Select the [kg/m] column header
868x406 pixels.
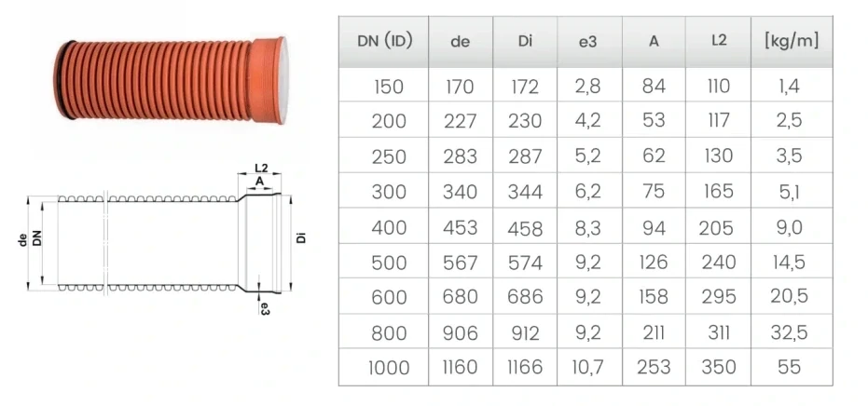(790, 42)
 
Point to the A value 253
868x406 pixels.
(654, 368)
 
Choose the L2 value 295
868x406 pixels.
(719, 298)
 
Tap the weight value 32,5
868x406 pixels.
(790, 332)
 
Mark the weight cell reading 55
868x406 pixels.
(790, 368)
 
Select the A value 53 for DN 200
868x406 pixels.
(654, 122)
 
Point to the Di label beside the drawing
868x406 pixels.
(301, 238)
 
